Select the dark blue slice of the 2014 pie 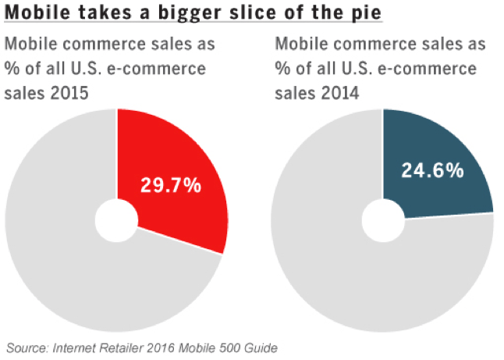tap(437, 156)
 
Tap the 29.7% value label tap(170, 186)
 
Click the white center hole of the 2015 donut tap(116, 220)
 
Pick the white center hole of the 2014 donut tap(382, 220)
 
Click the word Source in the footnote tap(27, 348)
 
